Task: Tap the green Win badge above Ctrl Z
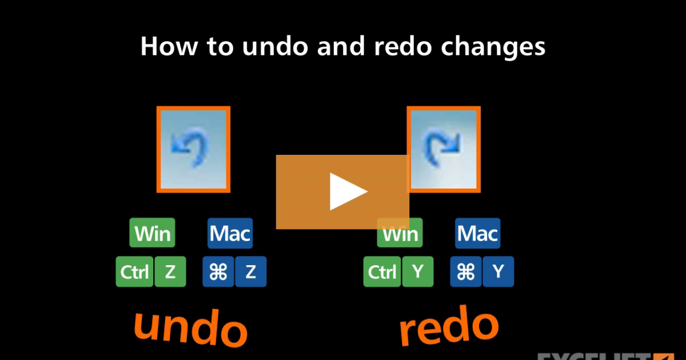point(152,233)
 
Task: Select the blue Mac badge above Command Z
point(229,233)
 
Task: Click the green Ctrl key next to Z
point(134,272)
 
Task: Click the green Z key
point(170,272)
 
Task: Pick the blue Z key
point(250,272)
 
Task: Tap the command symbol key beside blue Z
point(218,272)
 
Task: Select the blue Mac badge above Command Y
point(477,233)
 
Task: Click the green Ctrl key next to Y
point(382,272)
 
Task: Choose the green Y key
point(417,272)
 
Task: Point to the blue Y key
point(498,272)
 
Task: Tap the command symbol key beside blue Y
point(466,272)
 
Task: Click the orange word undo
point(190,329)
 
